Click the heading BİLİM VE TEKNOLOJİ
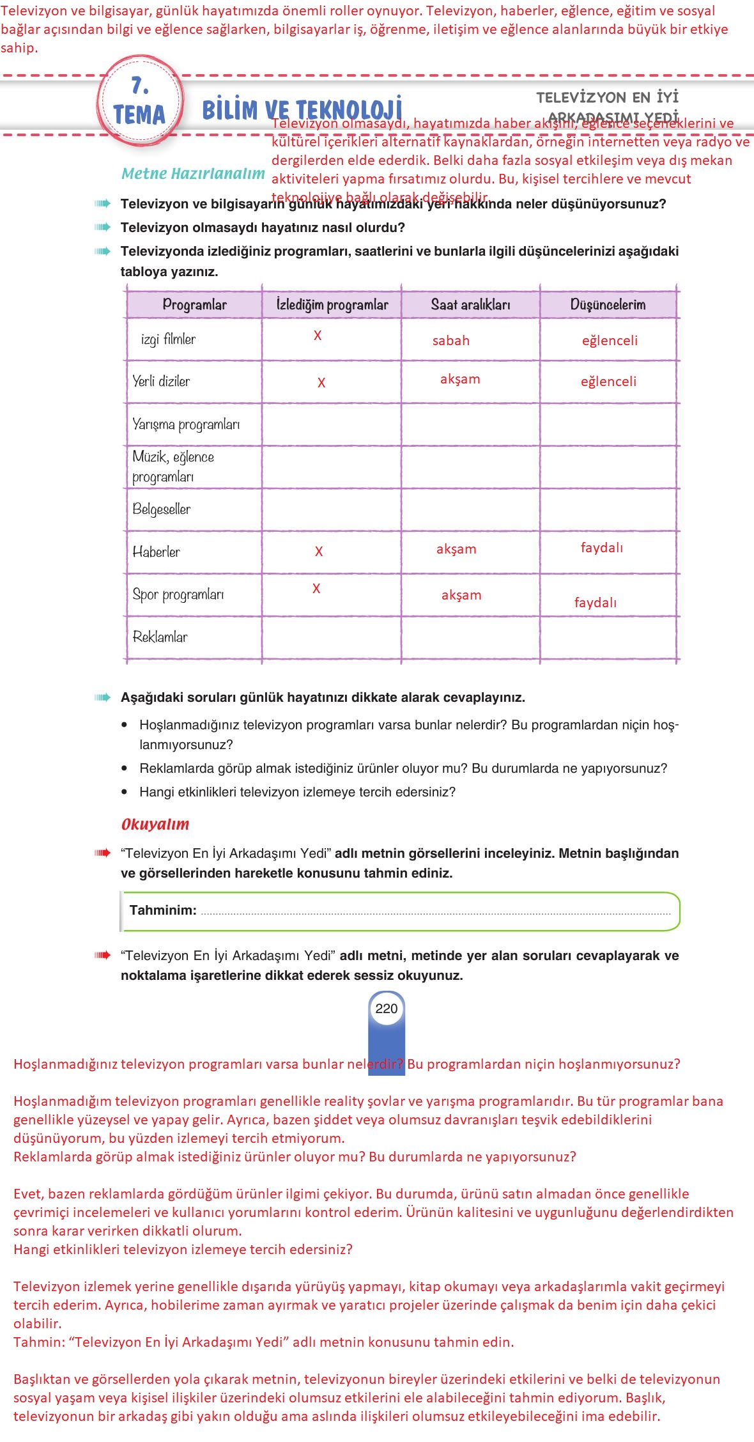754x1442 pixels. click(302, 109)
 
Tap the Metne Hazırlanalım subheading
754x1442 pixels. click(193, 174)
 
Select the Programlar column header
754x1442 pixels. click(194, 305)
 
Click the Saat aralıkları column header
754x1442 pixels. click(470, 305)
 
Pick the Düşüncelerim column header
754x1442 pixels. click(608, 305)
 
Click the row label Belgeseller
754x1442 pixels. click(162, 509)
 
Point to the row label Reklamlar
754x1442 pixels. click(160, 637)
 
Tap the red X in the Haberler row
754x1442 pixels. click(319, 552)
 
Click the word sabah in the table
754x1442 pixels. click(451, 341)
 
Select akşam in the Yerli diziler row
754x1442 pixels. click(460, 379)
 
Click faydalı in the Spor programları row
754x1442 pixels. click(596, 603)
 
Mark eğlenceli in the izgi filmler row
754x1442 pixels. click(610, 341)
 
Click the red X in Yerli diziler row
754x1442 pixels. click(321, 383)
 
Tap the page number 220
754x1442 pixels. click(387, 1009)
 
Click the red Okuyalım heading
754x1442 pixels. click(155, 825)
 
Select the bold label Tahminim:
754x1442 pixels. click(163, 910)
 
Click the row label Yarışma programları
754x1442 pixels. click(186, 424)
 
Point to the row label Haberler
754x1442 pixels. click(157, 552)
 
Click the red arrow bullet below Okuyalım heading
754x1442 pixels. click(102, 853)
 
